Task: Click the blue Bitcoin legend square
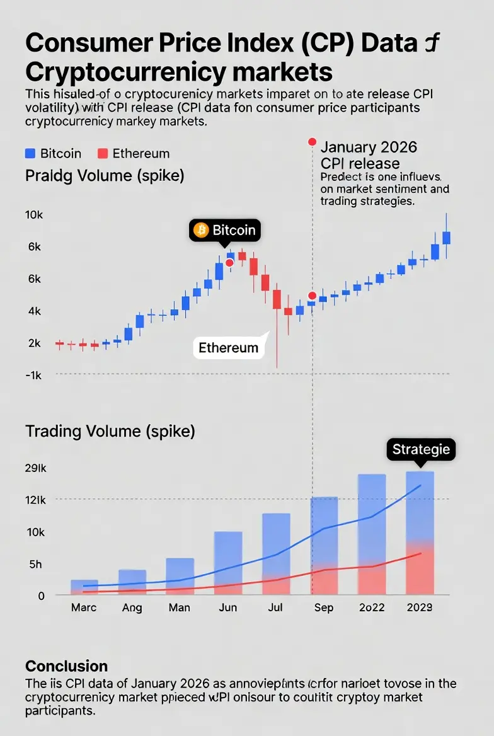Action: coord(30,153)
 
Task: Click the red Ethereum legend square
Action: coord(103,153)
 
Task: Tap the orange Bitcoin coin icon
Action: coord(202,230)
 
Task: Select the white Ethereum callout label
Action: coord(228,347)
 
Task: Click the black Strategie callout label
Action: coord(421,449)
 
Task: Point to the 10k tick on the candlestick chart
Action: coord(33,215)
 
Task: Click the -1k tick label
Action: coord(33,375)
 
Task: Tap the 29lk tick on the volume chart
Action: coord(35,468)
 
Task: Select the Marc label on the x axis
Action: coord(84,608)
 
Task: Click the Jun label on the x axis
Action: coord(227,608)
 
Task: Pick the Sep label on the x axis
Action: coord(324,608)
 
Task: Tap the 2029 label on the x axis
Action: coord(419,608)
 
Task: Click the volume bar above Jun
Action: coord(228,562)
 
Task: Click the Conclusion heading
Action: coord(66,666)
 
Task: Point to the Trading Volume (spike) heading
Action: coord(110,432)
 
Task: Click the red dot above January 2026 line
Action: coord(311,142)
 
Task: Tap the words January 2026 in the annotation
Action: coord(369,147)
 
